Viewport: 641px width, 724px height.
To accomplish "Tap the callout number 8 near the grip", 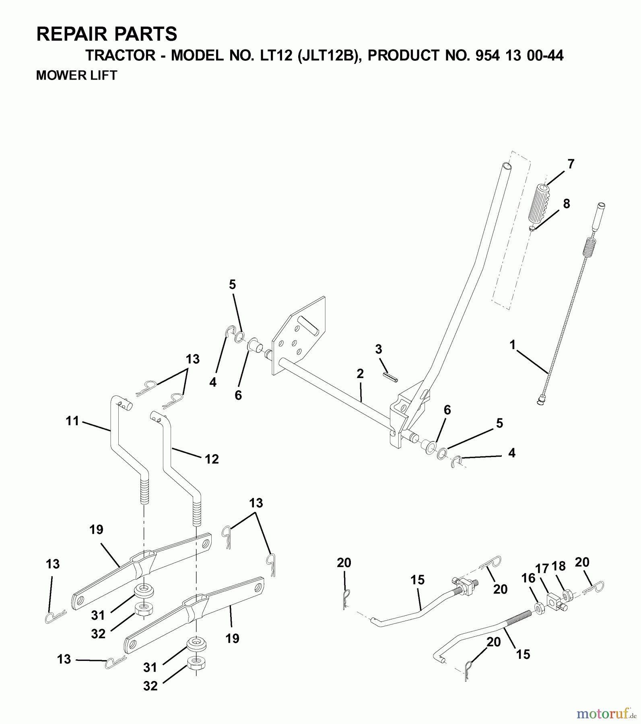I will click(566, 204).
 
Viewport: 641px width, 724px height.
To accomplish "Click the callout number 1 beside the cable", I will click(512, 345).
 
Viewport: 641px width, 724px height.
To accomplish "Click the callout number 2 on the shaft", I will click(360, 374).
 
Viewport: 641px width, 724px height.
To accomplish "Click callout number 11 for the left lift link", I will click(72, 422).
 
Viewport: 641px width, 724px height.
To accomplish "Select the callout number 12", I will click(212, 459).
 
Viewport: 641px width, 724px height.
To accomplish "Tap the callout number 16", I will click(528, 578).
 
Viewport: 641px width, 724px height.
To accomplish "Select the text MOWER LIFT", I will click(76, 75).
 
